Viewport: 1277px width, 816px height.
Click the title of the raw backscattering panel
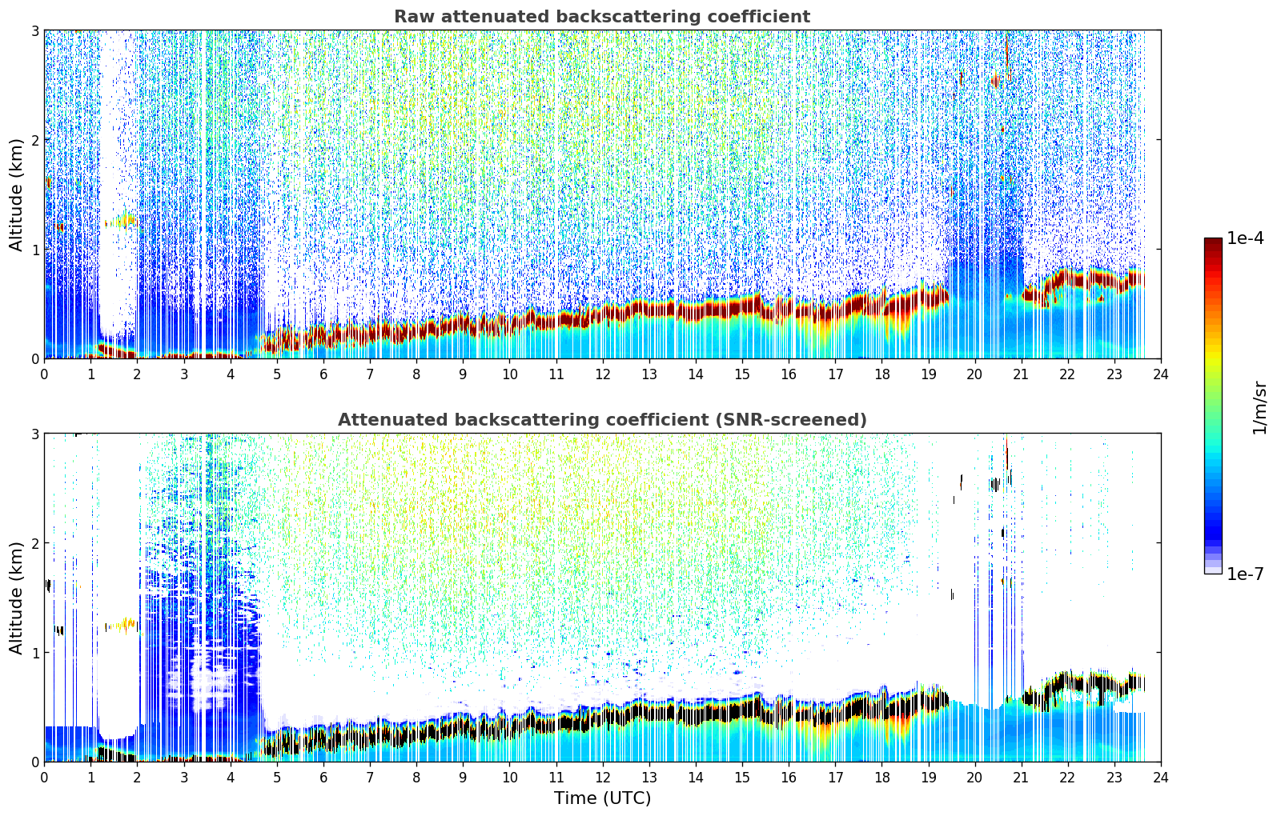point(602,17)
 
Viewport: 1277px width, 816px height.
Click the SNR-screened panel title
point(602,419)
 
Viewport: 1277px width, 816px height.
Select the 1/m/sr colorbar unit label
point(1259,409)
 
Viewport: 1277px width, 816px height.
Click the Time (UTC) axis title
point(602,798)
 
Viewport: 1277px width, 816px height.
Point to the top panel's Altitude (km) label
point(16,195)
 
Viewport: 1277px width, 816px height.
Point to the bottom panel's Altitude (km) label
point(16,598)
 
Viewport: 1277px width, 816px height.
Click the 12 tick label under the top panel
point(603,374)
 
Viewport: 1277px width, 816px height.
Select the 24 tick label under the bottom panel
point(1161,778)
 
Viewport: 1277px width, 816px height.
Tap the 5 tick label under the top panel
point(277,374)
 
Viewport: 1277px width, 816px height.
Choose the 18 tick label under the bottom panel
point(882,778)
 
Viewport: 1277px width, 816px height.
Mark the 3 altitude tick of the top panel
point(34,30)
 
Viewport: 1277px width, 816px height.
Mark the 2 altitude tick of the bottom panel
point(34,543)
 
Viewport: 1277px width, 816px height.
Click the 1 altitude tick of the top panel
point(34,250)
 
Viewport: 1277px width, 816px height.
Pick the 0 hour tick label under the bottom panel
point(45,778)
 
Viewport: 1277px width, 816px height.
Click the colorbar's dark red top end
point(1213,242)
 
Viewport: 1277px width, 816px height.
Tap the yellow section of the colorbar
point(1213,354)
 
